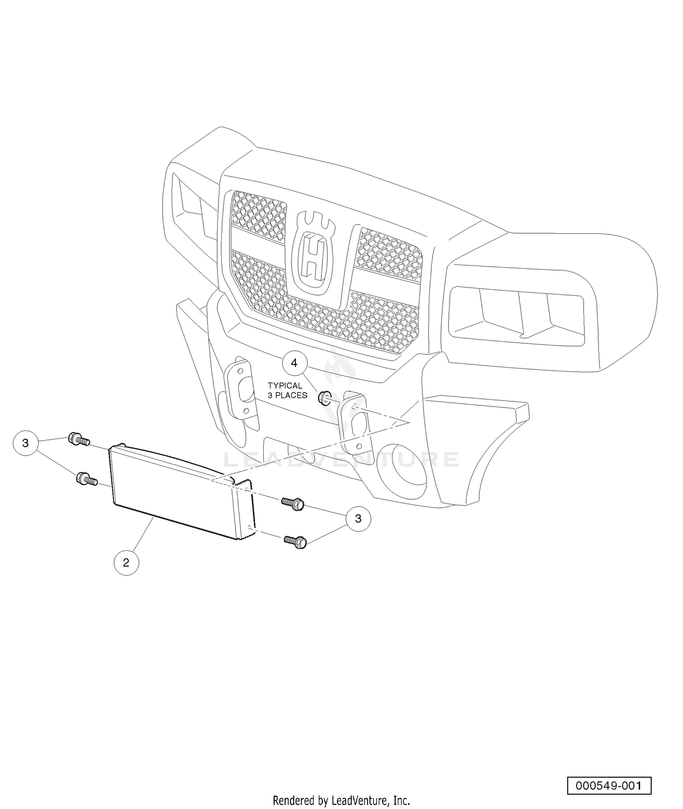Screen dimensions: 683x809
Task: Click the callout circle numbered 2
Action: (126, 563)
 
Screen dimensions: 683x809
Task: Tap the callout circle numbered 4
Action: (294, 363)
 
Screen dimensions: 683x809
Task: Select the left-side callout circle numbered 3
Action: (25, 443)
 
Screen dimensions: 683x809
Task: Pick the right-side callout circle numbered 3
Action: (358, 518)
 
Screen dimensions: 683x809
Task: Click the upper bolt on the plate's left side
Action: (79, 440)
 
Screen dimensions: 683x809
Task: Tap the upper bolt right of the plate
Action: (293, 504)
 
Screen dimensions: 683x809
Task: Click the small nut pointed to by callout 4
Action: (324, 398)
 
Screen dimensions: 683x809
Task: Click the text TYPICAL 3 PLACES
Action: (287, 390)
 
